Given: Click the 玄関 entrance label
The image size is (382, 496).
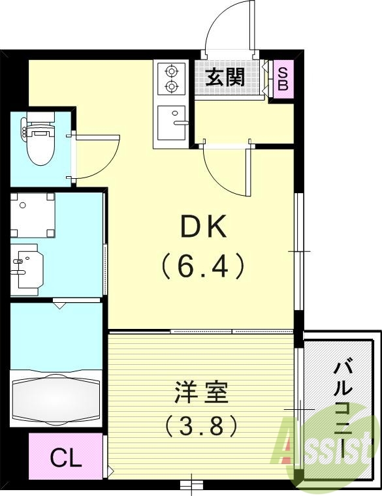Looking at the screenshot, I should click(226, 78).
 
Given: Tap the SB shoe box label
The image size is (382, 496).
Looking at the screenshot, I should click(283, 78).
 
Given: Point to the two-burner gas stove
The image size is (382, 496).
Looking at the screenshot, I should click(171, 78).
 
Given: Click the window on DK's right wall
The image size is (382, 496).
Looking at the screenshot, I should click(297, 251).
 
